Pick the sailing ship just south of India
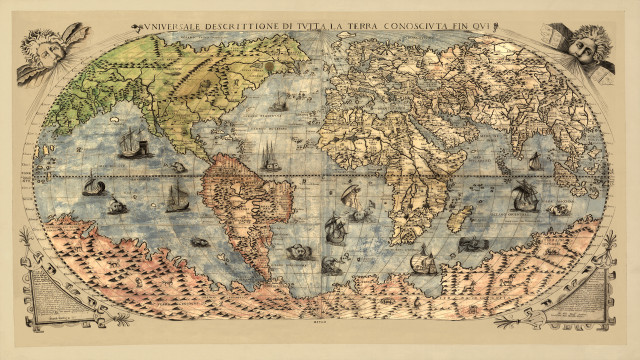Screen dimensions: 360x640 [x=521, y=195]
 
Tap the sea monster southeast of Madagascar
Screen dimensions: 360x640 [x=469, y=243]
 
